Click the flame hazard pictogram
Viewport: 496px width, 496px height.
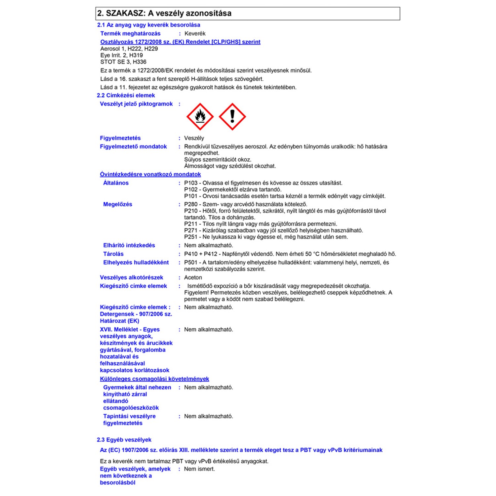click(x=200, y=117)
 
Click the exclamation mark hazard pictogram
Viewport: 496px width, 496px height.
click(x=232, y=117)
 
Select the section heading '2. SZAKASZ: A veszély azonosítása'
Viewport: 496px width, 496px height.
click(x=164, y=14)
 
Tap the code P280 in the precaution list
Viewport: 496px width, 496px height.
click(x=191, y=204)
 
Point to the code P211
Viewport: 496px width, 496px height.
click(x=191, y=224)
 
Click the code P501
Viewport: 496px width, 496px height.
click(x=191, y=263)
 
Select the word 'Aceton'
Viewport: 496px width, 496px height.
click(x=193, y=277)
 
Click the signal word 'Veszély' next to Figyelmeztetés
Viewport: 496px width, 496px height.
click(x=194, y=138)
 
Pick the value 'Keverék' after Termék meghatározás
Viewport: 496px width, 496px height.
click(x=195, y=34)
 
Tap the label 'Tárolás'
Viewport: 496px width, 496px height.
click(x=113, y=254)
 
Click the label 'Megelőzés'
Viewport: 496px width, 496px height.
click(x=118, y=204)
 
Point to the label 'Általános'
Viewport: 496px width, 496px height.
click(x=116, y=183)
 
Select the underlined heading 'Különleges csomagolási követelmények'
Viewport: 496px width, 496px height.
click(x=154, y=379)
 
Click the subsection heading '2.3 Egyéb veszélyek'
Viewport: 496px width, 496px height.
click(x=124, y=440)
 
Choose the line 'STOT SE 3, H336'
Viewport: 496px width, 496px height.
click(x=123, y=62)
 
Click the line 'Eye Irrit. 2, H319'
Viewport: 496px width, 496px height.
click(x=122, y=55)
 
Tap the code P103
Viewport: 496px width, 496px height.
click(x=191, y=183)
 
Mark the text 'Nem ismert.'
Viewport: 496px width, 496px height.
click(x=199, y=469)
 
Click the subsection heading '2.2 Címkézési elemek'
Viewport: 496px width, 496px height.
click(x=126, y=96)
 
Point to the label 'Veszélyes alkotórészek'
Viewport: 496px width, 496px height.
click(x=132, y=277)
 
